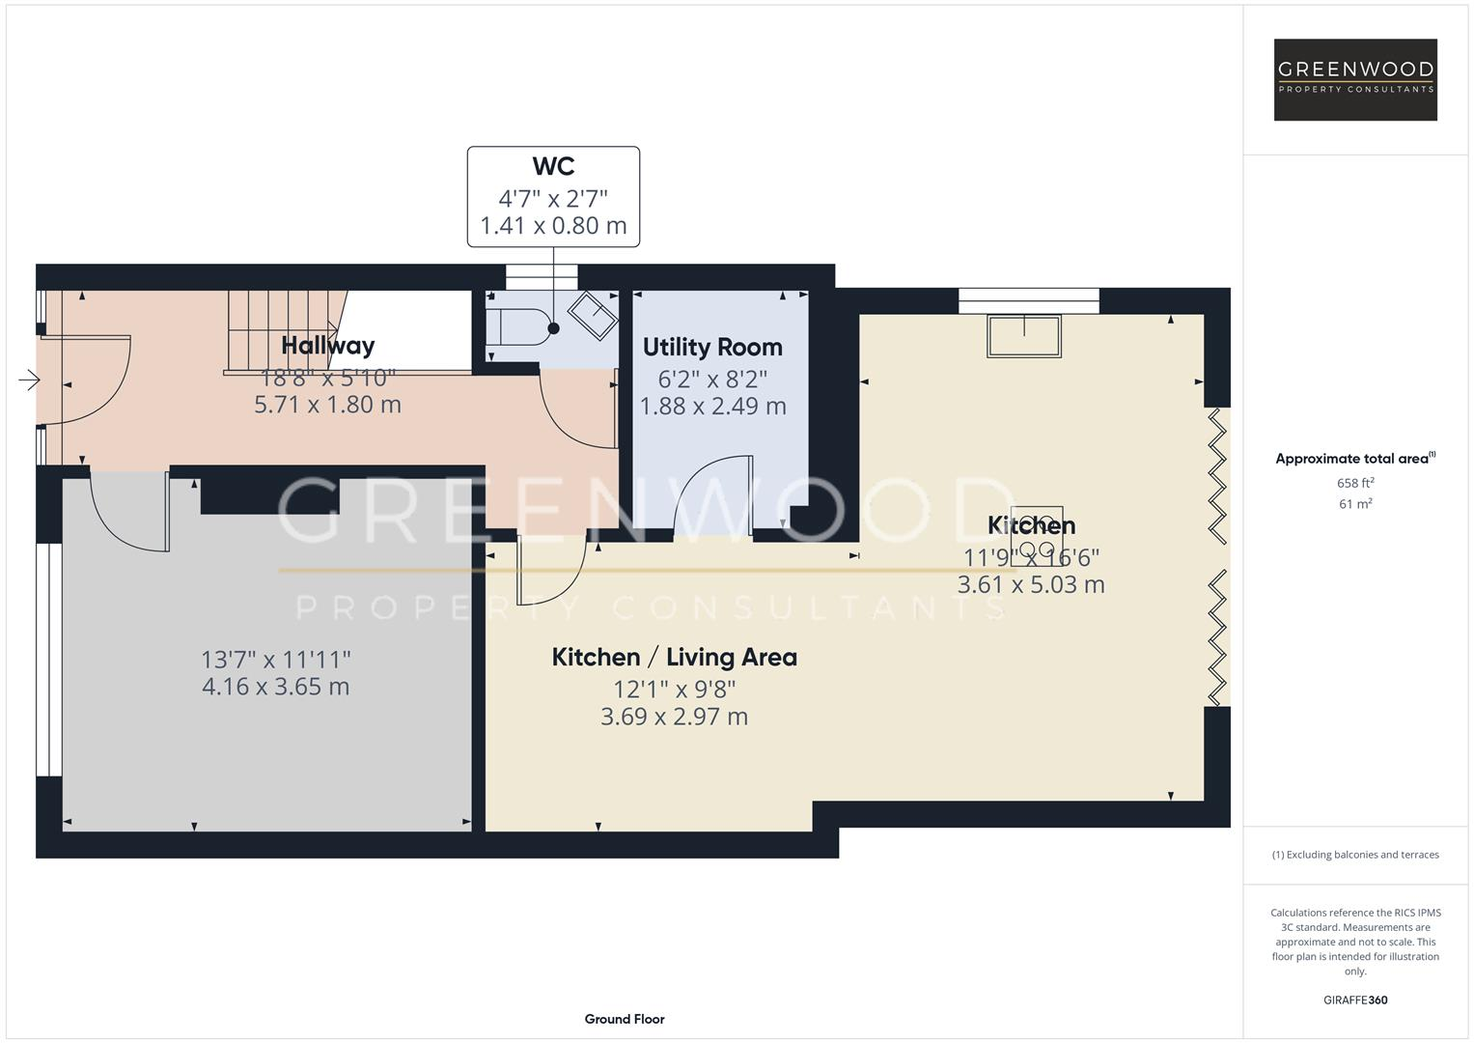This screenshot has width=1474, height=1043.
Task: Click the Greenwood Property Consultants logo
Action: point(1355,79)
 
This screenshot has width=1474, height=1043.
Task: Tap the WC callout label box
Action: point(553,197)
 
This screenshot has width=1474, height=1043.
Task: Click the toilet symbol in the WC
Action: point(521,327)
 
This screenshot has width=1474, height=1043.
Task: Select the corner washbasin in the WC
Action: point(593,314)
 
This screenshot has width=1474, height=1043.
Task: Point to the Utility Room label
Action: point(712,347)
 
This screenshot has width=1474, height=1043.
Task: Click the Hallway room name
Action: point(327,345)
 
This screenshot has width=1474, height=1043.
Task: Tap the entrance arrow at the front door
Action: point(29,381)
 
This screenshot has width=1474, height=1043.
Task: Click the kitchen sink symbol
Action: point(1023,335)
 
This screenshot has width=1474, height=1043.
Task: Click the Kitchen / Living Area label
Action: point(674,657)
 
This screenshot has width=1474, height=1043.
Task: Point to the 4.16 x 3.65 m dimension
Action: point(275,687)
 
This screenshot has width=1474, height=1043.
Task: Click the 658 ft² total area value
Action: point(1355,483)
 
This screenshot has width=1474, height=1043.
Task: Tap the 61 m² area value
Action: point(1355,504)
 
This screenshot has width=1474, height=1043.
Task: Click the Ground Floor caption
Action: point(625,1019)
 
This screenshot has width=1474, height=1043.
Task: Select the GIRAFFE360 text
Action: point(1355,1000)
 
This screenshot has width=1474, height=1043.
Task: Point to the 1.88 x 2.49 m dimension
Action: point(712,407)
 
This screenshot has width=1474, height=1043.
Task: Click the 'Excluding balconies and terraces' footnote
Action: point(1355,855)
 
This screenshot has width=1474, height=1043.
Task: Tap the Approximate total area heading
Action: point(1354,459)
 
